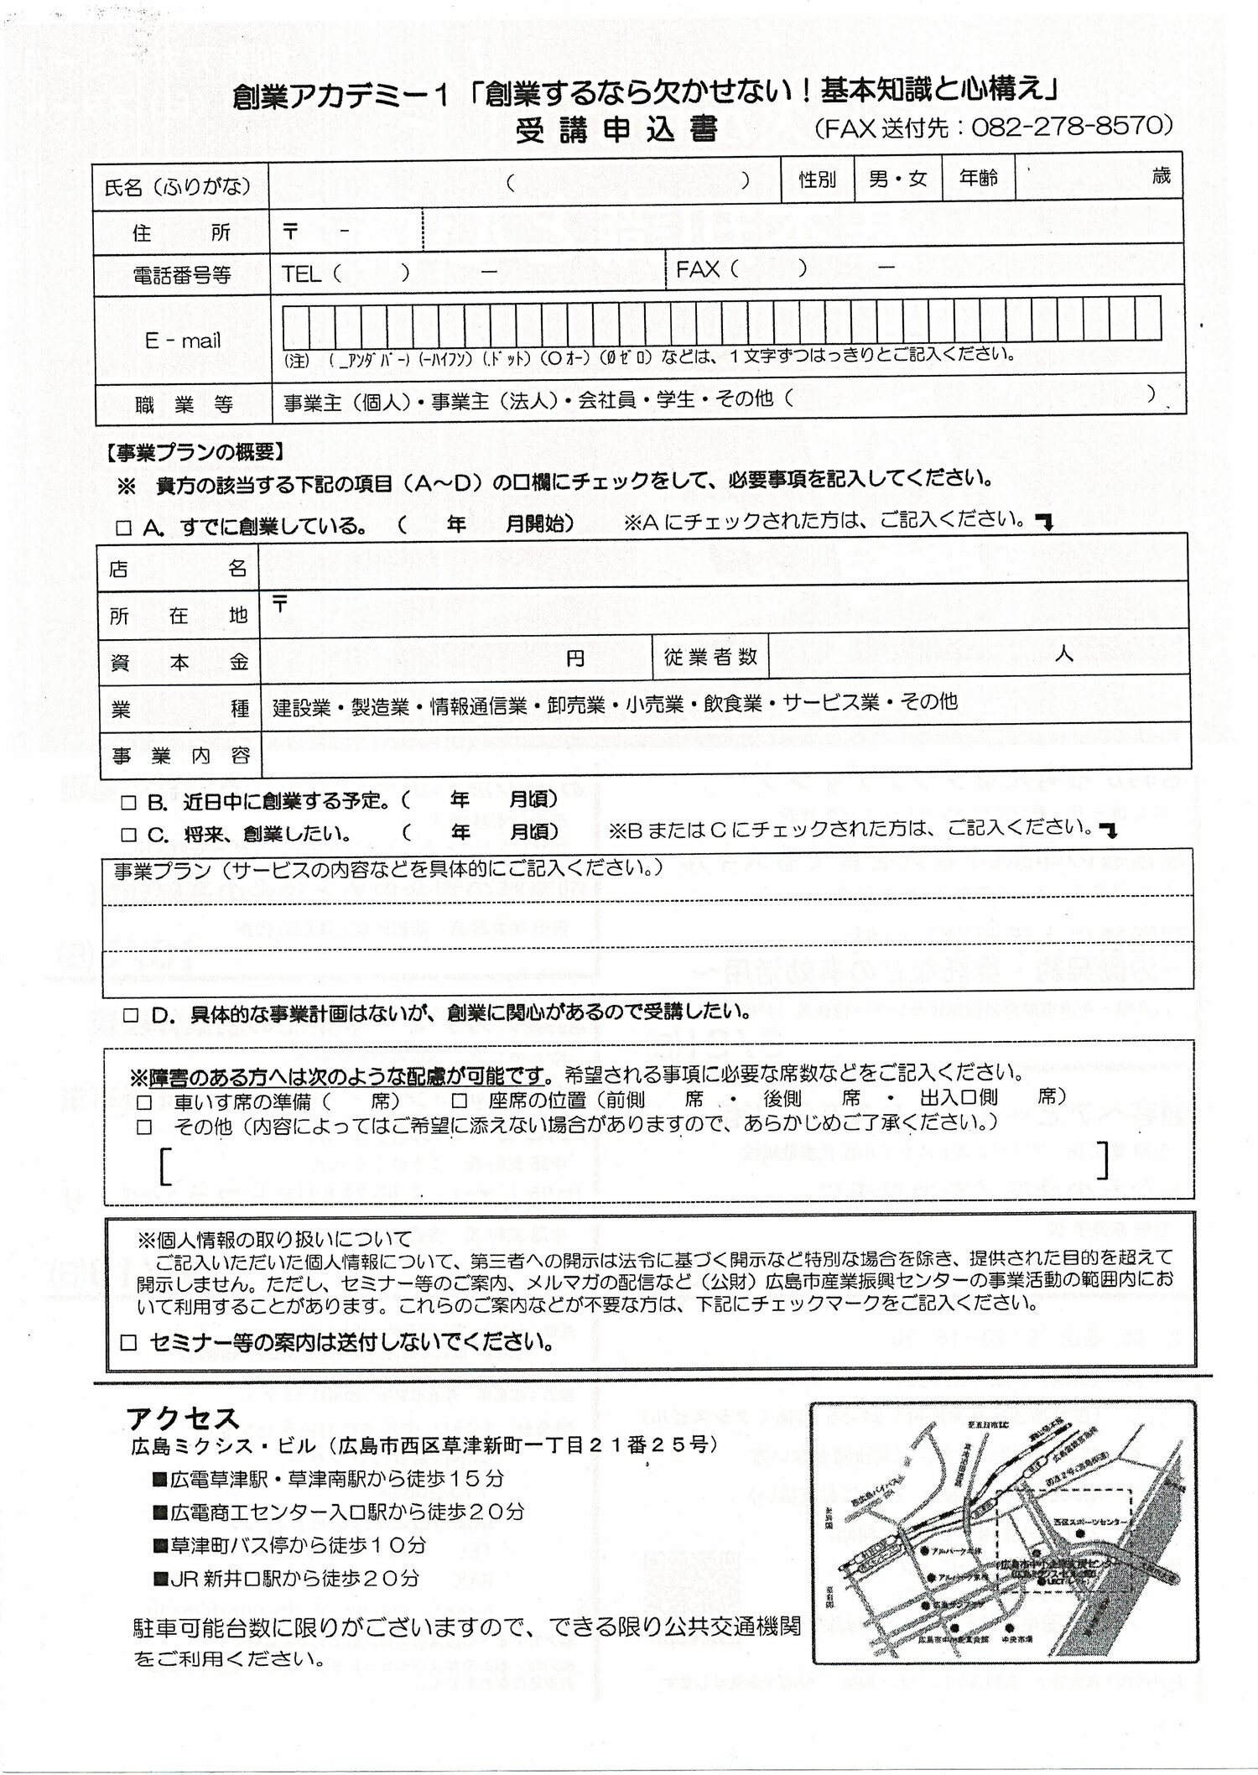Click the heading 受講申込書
[x=616, y=130]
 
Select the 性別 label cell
[x=817, y=179]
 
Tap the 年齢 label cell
[x=978, y=178]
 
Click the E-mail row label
[x=182, y=341]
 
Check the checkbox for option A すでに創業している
[x=124, y=528]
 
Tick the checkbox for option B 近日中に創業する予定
[x=128, y=803]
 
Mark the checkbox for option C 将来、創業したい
[x=128, y=835]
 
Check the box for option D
[x=130, y=1015]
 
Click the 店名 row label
[x=178, y=569]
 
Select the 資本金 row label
[x=178, y=662]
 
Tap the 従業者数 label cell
[x=710, y=657]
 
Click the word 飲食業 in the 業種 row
[x=733, y=704]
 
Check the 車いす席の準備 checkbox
[x=145, y=1101]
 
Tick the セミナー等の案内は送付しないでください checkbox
[x=128, y=1342]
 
